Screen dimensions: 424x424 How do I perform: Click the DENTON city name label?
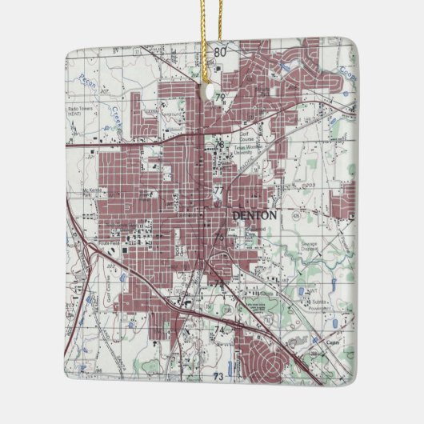point(254,215)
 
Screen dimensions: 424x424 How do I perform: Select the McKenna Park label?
point(94,191)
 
